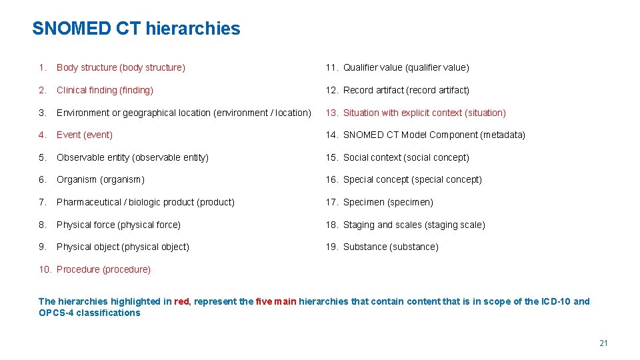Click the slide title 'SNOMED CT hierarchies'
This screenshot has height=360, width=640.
pyautogui.click(x=136, y=29)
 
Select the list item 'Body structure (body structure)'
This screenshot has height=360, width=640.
pyautogui.click(x=121, y=67)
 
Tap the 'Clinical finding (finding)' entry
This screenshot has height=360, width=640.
pyautogui.click(x=105, y=90)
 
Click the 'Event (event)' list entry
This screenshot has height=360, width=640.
pyautogui.click(x=85, y=135)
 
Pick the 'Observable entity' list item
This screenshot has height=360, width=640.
pyautogui.click(x=133, y=157)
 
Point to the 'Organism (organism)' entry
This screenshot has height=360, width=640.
pyautogui.click(x=101, y=179)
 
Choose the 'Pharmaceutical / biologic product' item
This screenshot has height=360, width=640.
pyautogui.click(x=145, y=202)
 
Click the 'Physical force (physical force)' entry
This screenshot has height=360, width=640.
pyautogui.click(x=119, y=225)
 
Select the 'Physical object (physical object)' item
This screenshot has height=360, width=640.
pyautogui.click(x=123, y=247)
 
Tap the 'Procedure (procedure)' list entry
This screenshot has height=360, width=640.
pyautogui.click(x=103, y=269)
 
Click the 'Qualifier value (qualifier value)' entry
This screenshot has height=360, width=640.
pyautogui.click(x=406, y=67)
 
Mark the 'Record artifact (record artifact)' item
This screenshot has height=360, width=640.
pyautogui.click(x=406, y=90)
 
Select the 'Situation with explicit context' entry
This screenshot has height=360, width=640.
pyautogui.click(x=424, y=113)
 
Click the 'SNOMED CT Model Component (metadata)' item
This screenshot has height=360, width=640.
pyautogui.click(x=434, y=135)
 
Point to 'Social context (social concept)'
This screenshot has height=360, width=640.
pyautogui.click(x=406, y=157)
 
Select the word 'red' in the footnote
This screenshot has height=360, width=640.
pyautogui.click(x=181, y=301)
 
